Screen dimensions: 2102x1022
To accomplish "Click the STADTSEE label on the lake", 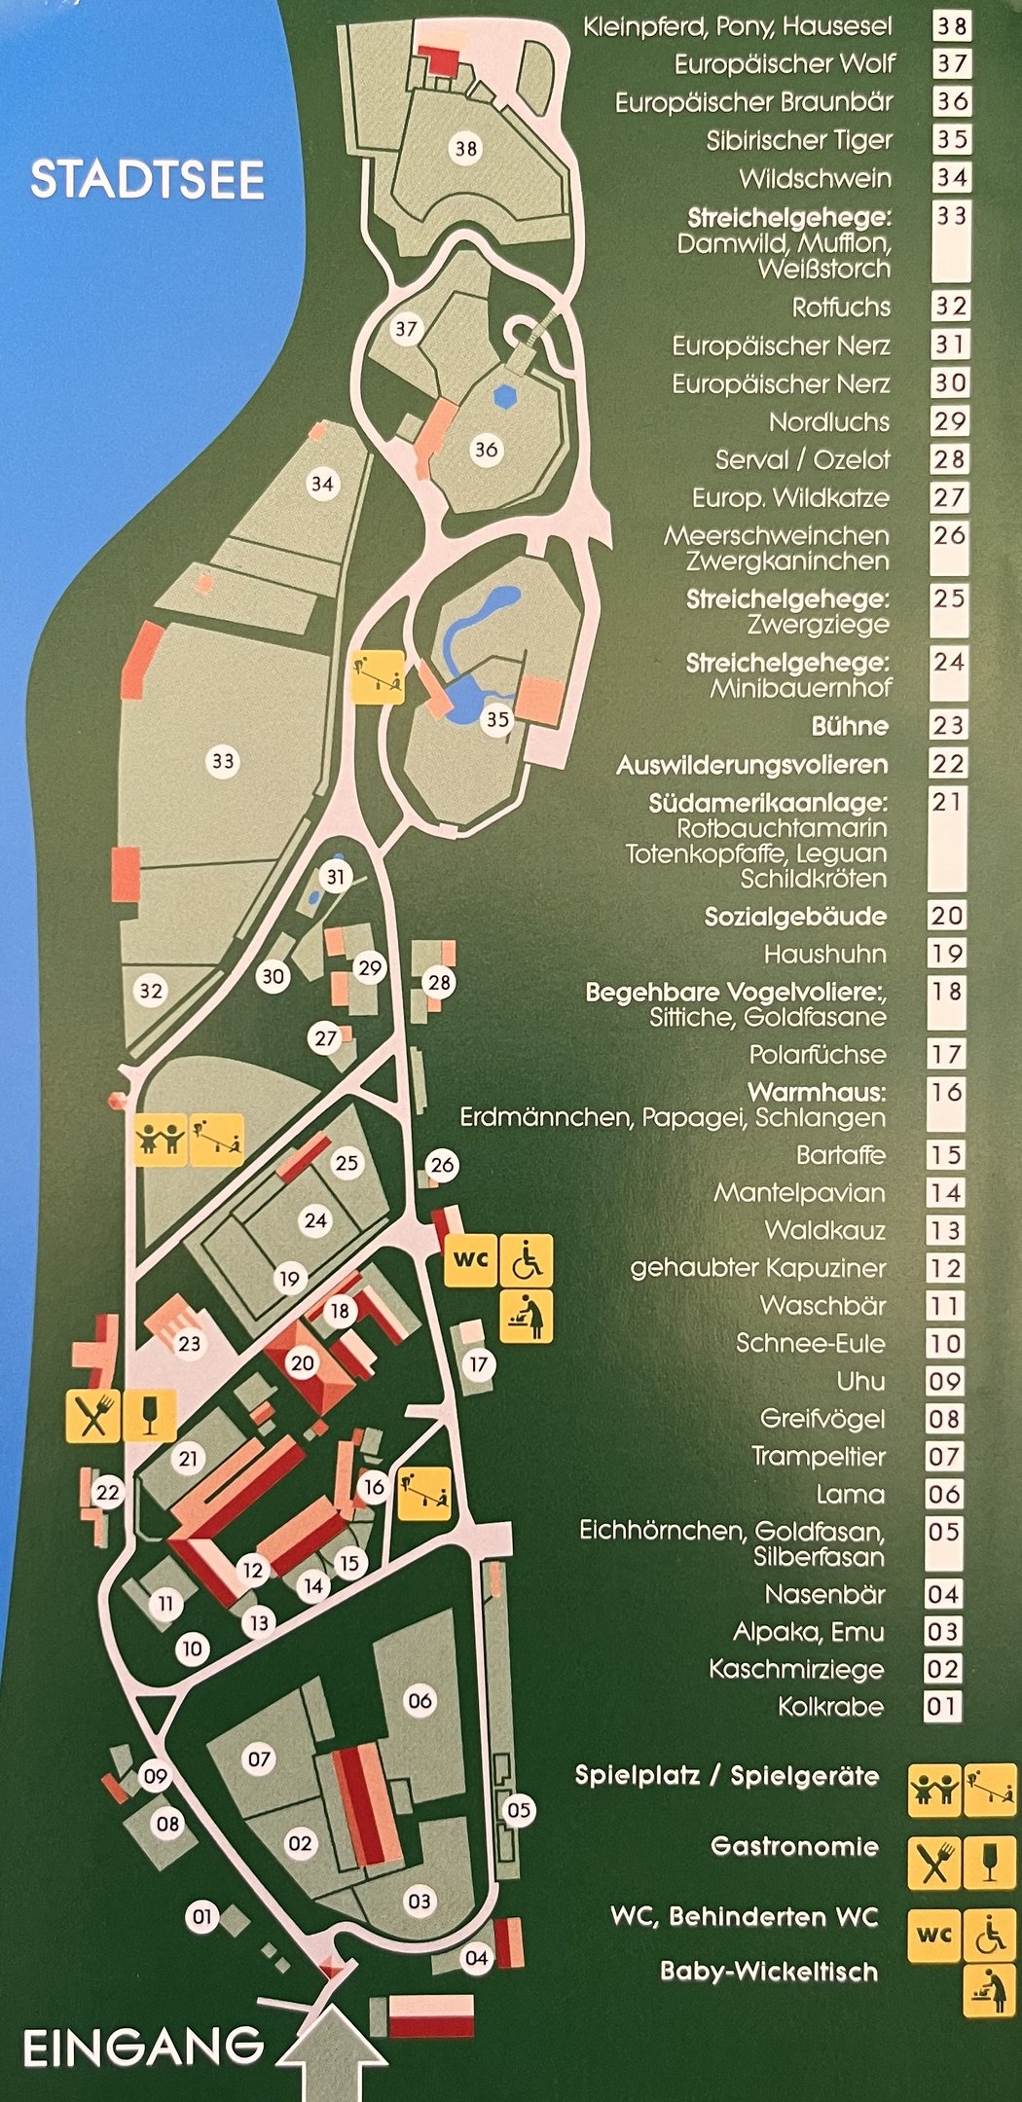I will click(x=147, y=181).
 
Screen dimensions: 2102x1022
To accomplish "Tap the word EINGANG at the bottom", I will click(x=142, y=2047).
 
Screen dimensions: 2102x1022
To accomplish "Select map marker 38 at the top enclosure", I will click(x=466, y=148).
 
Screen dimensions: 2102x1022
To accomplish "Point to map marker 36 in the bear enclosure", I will click(x=486, y=449).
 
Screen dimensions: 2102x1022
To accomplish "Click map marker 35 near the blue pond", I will click(x=497, y=719).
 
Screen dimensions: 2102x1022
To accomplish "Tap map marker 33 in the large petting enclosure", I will click(x=223, y=760).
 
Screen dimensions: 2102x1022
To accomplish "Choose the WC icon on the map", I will click(x=471, y=1259).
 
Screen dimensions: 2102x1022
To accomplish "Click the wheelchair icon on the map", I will click(x=527, y=1259).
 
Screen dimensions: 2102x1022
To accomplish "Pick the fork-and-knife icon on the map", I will click(x=93, y=1416).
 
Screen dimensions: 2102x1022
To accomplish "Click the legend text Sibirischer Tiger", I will click(x=799, y=140).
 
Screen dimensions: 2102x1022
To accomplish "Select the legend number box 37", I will click(x=951, y=64).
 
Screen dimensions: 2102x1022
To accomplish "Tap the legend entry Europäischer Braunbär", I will click(x=753, y=102).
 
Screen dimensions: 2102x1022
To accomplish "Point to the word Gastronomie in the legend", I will click(x=794, y=1846).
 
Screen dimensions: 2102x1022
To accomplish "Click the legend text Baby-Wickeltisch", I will click(x=769, y=1972).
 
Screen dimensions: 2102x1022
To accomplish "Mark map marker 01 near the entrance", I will click(x=201, y=1916).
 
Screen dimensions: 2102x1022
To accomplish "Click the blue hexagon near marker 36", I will click(x=503, y=395).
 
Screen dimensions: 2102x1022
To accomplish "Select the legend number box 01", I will click(x=942, y=1706).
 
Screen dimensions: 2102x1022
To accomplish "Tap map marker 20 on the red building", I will click(x=303, y=1362).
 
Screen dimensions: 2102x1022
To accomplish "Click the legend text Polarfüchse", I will click(x=818, y=1054).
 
